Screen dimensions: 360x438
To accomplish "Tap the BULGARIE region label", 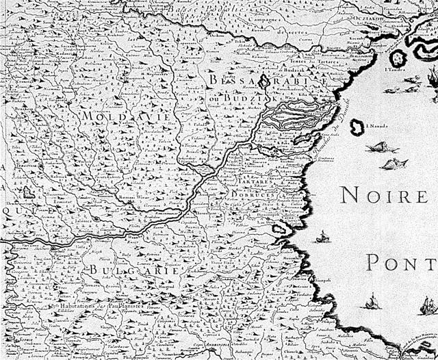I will coord(129,270).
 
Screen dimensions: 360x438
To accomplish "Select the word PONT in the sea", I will coord(401,261).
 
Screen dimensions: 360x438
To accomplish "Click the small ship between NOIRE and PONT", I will coord(321,237).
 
